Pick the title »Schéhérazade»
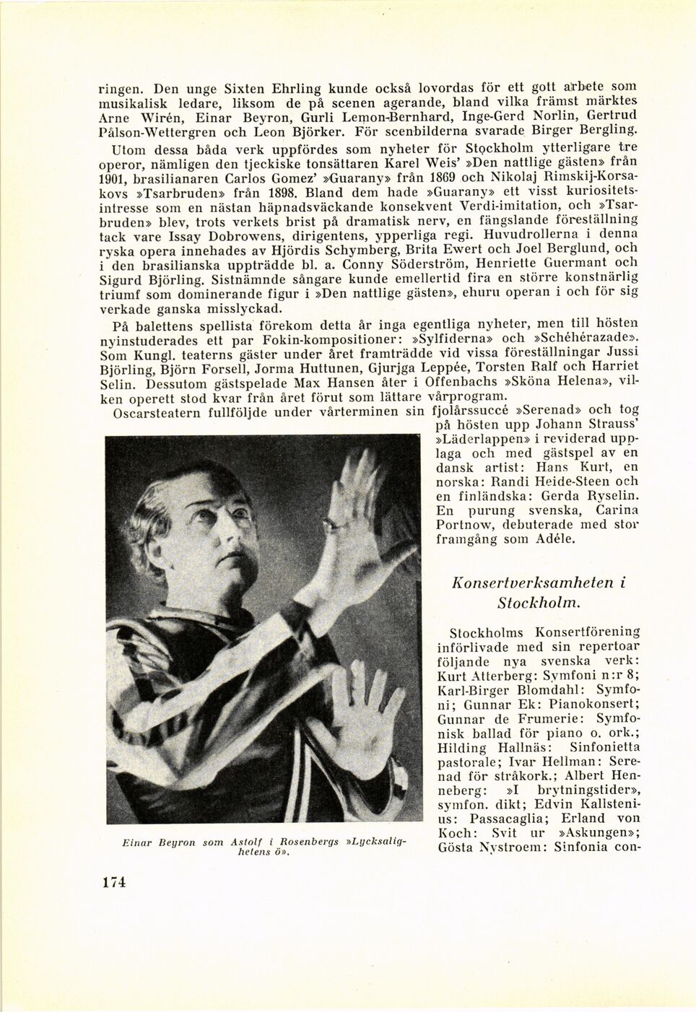pos(586,338)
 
